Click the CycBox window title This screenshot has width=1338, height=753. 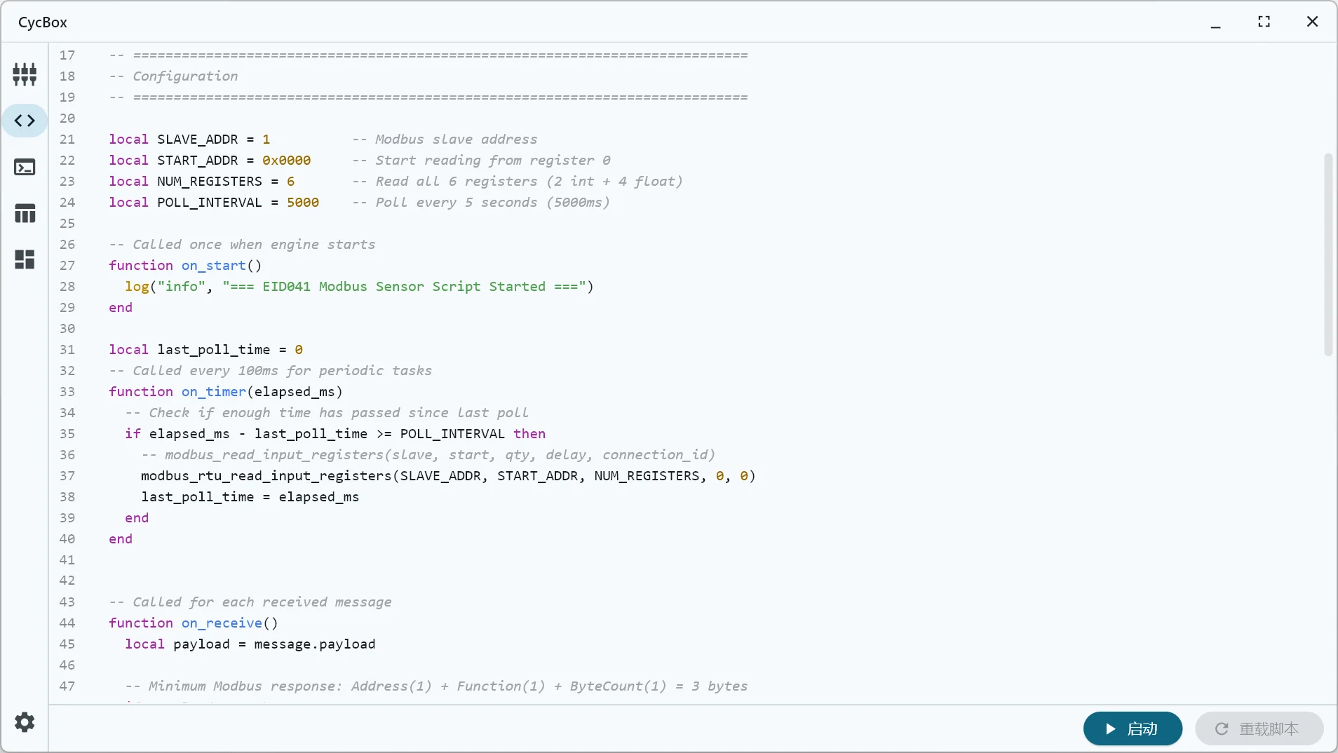[x=43, y=22]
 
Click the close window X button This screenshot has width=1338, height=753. [x=1312, y=22]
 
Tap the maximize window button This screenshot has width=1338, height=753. [x=1264, y=22]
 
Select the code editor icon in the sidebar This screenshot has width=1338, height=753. [x=25, y=121]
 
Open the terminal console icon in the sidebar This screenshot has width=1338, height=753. [x=25, y=167]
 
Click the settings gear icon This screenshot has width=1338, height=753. [x=25, y=722]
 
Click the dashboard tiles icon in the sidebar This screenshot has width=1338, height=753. [x=25, y=259]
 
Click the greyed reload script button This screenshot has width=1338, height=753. [x=1259, y=729]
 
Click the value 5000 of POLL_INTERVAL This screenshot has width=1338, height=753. [x=302, y=203]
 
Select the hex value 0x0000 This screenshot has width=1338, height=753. [x=286, y=161]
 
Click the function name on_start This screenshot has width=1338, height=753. [x=214, y=266]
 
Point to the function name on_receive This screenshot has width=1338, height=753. [x=222, y=623]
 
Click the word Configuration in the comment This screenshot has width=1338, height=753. [x=185, y=76]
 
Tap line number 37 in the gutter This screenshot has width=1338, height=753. [x=67, y=476]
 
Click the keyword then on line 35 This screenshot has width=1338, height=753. [x=529, y=434]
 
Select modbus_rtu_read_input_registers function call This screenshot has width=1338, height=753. [x=266, y=476]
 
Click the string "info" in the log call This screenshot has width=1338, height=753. [x=182, y=287]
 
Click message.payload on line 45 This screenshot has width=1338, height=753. [x=314, y=644]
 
